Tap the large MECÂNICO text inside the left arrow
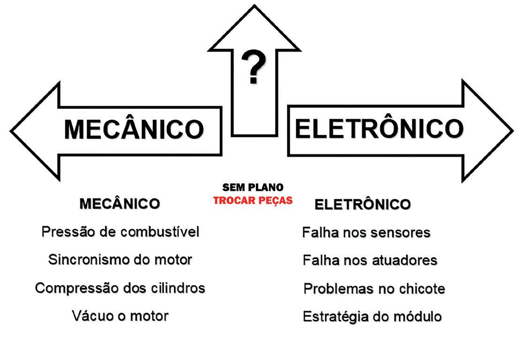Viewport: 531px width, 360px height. pyautogui.click(x=134, y=129)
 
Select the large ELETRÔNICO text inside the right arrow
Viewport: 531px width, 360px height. pyautogui.click(x=379, y=128)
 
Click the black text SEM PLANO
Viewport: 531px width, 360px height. pyautogui.click(x=253, y=187)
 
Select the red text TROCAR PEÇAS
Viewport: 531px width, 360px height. pyautogui.click(x=253, y=201)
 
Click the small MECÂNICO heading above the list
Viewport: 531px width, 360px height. pyautogui.click(x=120, y=204)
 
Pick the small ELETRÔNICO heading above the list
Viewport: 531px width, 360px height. pyautogui.click(x=362, y=205)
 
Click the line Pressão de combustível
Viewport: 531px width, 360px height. pyautogui.click(x=120, y=232)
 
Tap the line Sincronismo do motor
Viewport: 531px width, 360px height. pyautogui.click(x=120, y=260)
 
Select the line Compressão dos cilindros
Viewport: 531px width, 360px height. pyautogui.click(x=120, y=287)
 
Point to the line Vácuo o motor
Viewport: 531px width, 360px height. pyautogui.click(x=120, y=315)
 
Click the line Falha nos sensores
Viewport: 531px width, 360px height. pyautogui.click(x=366, y=232)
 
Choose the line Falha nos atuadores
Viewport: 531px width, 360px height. pyautogui.click(x=370, y=260)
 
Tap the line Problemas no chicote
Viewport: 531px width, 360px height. pyautogui.click(x=374, y=288)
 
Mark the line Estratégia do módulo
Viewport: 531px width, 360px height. pyautogui.click(x=372, y=316)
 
